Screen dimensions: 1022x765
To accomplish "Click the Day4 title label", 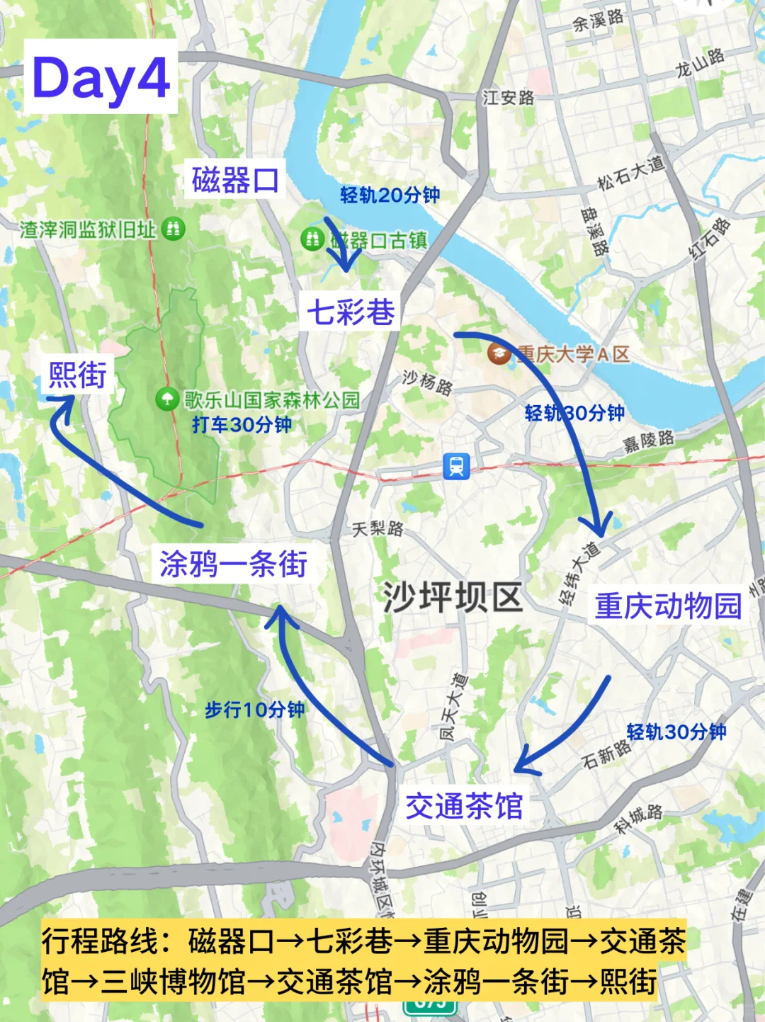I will [x=101, y=78].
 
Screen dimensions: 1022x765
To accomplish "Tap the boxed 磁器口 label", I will [x=235, y=180].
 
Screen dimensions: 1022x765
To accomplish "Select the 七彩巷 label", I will [x=351, y=312].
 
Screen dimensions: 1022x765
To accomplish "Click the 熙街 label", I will [x=77, y=375].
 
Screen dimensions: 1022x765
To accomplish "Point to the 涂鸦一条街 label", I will [x=233, y=564].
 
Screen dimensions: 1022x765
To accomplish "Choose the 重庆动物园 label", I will [x=667, y=606].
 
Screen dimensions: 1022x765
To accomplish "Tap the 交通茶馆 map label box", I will [x=464, y=806].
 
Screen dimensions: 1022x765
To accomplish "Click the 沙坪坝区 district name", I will [x=453, y=597].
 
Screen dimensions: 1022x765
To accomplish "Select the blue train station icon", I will [x=456, y=466].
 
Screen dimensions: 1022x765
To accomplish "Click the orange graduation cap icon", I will [x=499, y=352].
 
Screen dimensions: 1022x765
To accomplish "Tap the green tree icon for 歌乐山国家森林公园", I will [x=166, y=399].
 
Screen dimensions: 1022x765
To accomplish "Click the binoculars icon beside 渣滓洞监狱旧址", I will [x=173, y=228].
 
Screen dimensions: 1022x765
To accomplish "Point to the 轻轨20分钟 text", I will [x=390, y=195].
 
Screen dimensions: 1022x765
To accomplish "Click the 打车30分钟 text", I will [x=242, y=425].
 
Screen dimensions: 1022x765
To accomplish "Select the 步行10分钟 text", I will [x=254, y=710].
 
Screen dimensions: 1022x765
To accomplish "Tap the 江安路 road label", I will [x=508, y=97].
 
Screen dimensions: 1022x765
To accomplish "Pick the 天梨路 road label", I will [x=378, y=528].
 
